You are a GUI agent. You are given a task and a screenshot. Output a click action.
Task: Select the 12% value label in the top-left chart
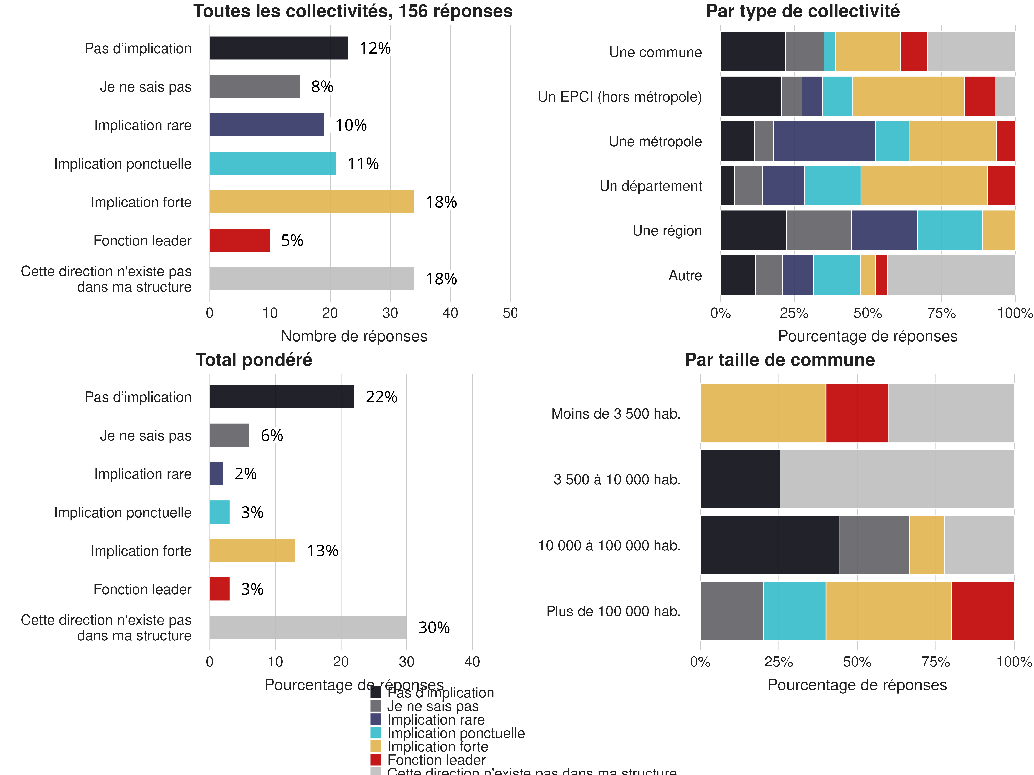click(375, 48)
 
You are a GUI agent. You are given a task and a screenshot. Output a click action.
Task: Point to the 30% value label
click(434, 627)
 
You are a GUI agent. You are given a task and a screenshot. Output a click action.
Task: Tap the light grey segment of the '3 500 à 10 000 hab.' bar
click(897, 479)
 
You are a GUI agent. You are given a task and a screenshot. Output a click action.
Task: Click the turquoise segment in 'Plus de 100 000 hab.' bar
click(794, 611)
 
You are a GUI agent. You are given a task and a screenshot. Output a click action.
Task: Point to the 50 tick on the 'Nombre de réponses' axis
click(510, 313)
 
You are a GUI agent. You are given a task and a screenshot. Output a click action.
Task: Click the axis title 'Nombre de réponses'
click(354, 336)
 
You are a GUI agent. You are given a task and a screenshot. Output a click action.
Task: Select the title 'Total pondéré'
click(254, 360)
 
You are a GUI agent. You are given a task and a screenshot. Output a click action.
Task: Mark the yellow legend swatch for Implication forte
click(375, 746)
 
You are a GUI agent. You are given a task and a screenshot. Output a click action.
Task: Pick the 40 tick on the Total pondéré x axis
click(472, 662)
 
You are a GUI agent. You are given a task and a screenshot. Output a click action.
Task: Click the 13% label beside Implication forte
click(322, 551)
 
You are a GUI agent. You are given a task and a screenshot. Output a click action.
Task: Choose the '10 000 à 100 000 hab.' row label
click(609, 545)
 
